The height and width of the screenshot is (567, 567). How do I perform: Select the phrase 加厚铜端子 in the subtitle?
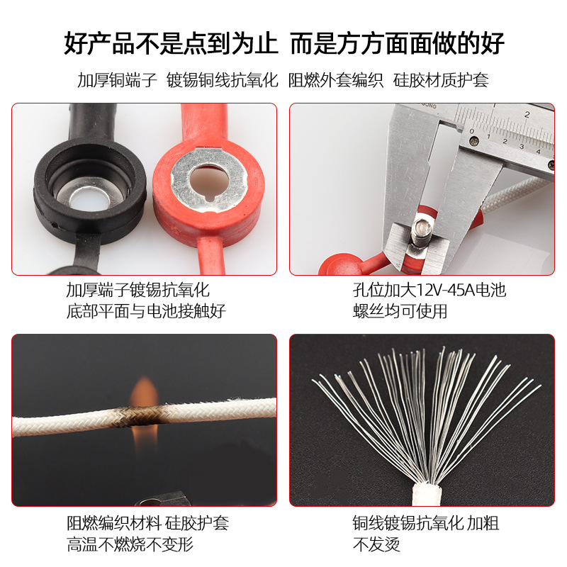[117, 80]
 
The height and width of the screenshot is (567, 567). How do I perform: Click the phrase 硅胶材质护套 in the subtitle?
[441, 80]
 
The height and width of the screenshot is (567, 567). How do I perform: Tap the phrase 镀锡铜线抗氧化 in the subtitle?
[222, 80]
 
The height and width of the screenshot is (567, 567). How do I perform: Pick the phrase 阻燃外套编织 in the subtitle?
[336, 80]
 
